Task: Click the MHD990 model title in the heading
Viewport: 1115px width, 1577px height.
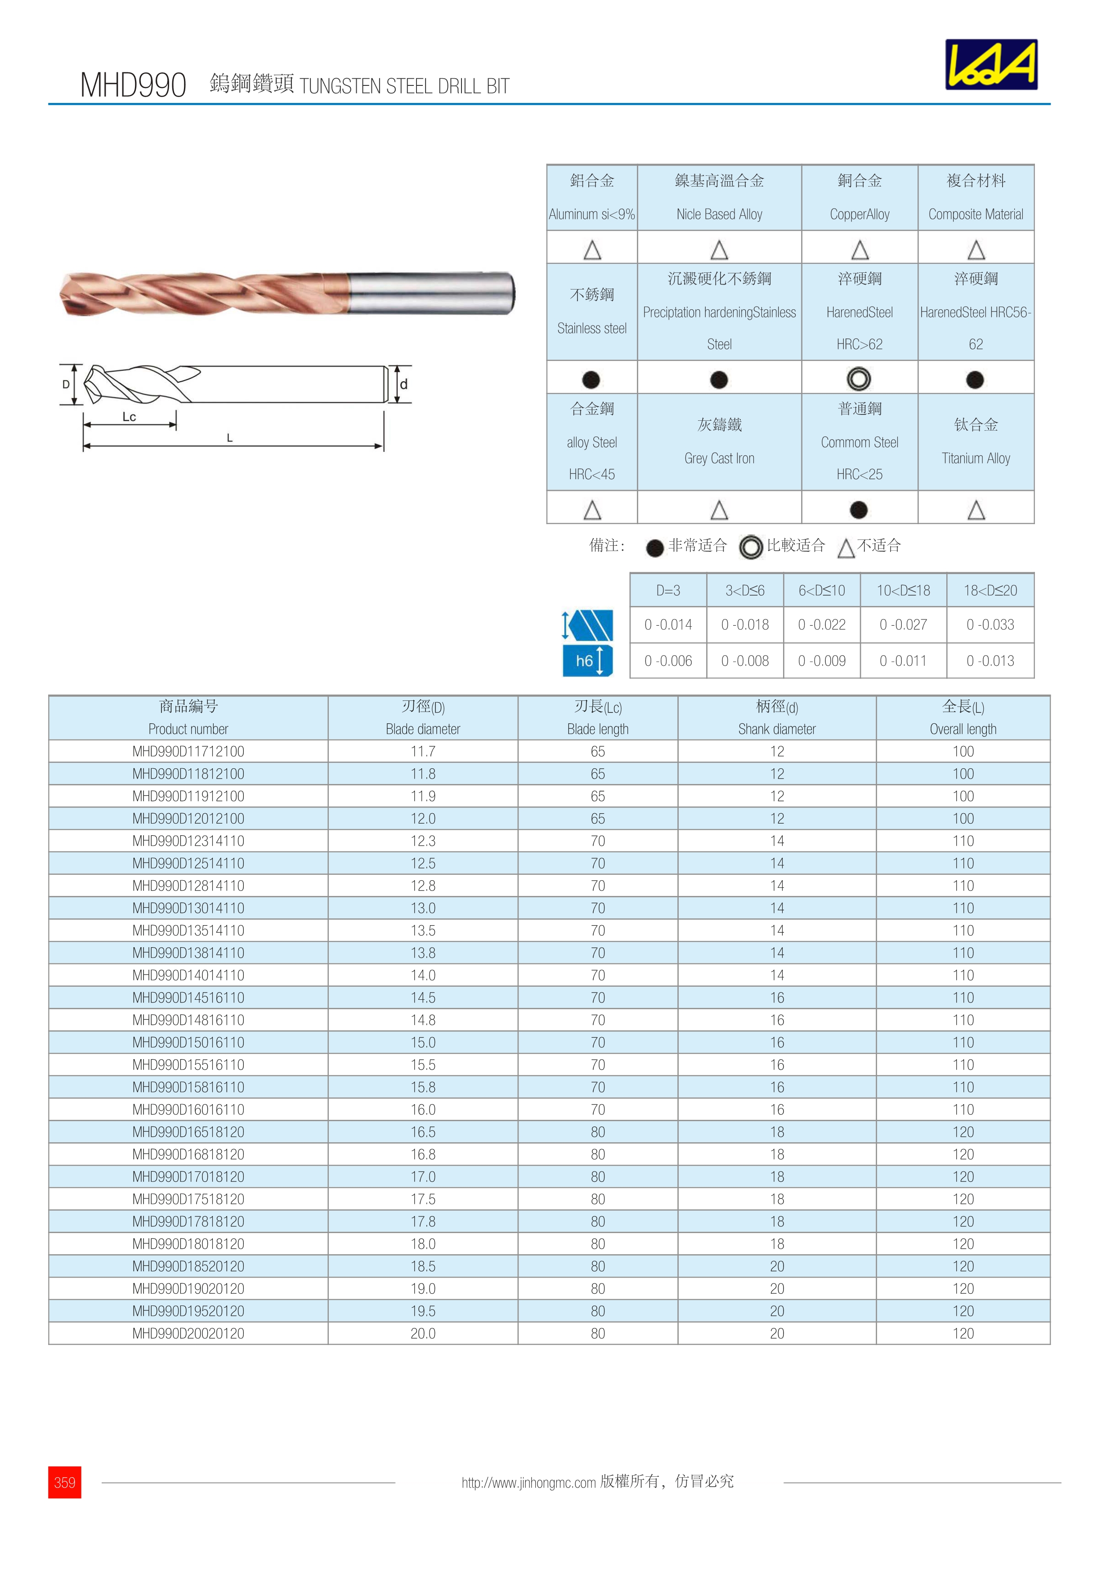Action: click(x=133, y=85)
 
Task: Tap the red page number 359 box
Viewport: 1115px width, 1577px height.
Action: click(x=65, y=1482)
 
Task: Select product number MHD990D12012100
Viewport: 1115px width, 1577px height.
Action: click(x=188, y=818)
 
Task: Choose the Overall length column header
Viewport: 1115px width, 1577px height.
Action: click(x=963, y=718)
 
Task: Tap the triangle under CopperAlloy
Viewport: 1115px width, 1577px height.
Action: click(x=860, y=249)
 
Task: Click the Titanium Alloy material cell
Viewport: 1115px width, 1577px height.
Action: click(x=976, y=441)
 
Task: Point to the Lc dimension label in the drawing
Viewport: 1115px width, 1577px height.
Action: click(x=129, y=416)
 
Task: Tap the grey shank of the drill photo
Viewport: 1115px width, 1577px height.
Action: click(x=430, y=293)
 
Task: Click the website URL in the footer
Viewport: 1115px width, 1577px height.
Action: click(x=528, y=1482)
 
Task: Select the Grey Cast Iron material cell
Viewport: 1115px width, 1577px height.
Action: click(x=719, y=441)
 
